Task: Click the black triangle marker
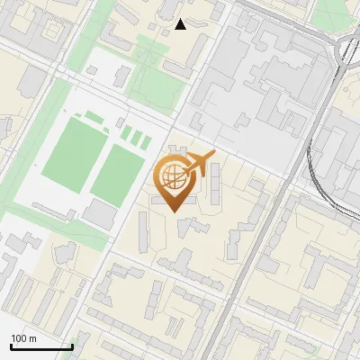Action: [x=181, y=24]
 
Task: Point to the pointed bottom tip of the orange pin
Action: [x=172, y=212]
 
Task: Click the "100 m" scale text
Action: [x=23, y=338]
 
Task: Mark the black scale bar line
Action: [x=41, y=346]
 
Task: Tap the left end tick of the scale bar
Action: [x=11, y=345]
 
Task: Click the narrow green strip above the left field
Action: [x=94, y=118]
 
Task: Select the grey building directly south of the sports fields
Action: [x=101, y=214]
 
